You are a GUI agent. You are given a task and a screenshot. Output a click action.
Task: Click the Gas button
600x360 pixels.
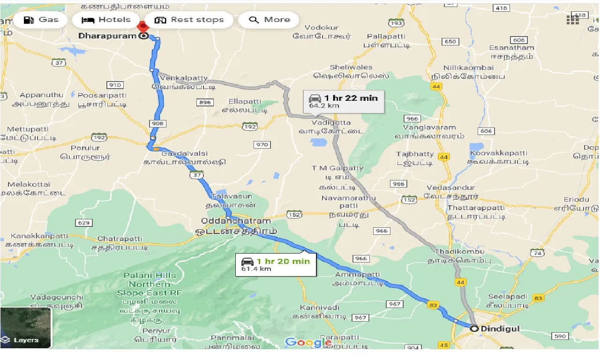(41, 20)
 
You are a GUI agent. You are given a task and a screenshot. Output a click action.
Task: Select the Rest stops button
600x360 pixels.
(189, 20)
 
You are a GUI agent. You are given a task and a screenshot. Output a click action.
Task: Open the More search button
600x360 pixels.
(269, 20)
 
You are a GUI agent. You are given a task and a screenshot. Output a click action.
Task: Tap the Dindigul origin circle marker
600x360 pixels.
(474, 329)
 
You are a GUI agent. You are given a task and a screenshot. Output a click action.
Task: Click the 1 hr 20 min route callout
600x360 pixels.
(276, 264)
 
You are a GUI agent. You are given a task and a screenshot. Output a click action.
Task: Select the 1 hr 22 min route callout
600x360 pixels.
(344, 101)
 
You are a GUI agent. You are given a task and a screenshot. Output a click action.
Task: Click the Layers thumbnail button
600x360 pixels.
(26, 328)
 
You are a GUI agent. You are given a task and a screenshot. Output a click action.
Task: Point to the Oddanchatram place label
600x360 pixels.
(236, 221)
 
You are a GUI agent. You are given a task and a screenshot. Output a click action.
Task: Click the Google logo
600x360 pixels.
(308, 342)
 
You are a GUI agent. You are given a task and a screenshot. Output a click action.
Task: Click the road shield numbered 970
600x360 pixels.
(262, 144)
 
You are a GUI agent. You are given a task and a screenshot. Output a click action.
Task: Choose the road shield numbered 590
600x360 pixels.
(560, 336)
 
